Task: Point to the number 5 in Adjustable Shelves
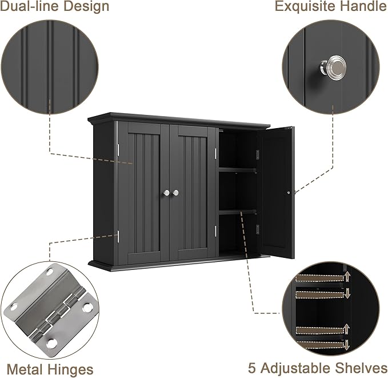(252, 367)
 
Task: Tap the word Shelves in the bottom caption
(360, 367)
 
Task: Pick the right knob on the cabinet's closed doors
(175, 193)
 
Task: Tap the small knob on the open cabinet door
(289, 193)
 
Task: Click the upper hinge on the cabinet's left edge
(118, 150)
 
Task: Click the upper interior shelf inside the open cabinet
(238, 169)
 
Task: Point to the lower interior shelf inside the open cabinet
(238, 212)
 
